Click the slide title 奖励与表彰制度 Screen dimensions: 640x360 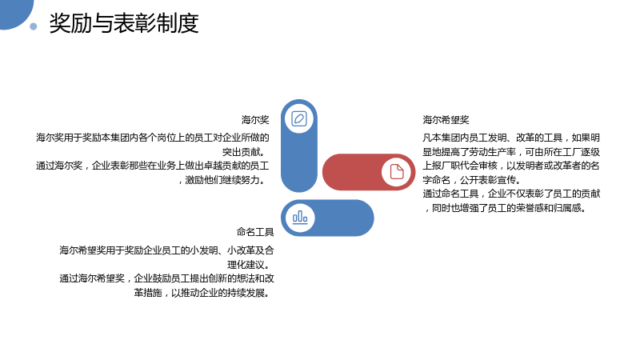(x=124, y=23)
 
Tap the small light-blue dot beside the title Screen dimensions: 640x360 (x=34, y=26)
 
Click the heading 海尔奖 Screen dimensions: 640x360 (x=255, y=119)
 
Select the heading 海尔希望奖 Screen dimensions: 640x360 (x=446, y=119)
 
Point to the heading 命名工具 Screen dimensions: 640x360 (x=255, y=232)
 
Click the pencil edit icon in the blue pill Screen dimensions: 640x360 (x=299, y=118)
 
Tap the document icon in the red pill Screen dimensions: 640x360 (x=396, y=172)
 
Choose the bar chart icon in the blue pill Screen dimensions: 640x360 (x=300, y=217)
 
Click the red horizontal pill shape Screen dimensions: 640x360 (x=369, y=172)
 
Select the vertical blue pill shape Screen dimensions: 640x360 (x=299, y=146)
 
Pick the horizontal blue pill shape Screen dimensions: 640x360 (x=327, y=218)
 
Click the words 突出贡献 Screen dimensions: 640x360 (x=242, y=152)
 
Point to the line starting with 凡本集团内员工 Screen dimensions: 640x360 (x=511, y=138)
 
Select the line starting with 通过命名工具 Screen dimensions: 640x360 (x=511, y=194)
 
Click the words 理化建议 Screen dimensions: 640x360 (x=246, y=265)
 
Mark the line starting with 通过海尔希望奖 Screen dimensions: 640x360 (x=167, y=278)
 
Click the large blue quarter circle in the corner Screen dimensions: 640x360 (x=14, y=12)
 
